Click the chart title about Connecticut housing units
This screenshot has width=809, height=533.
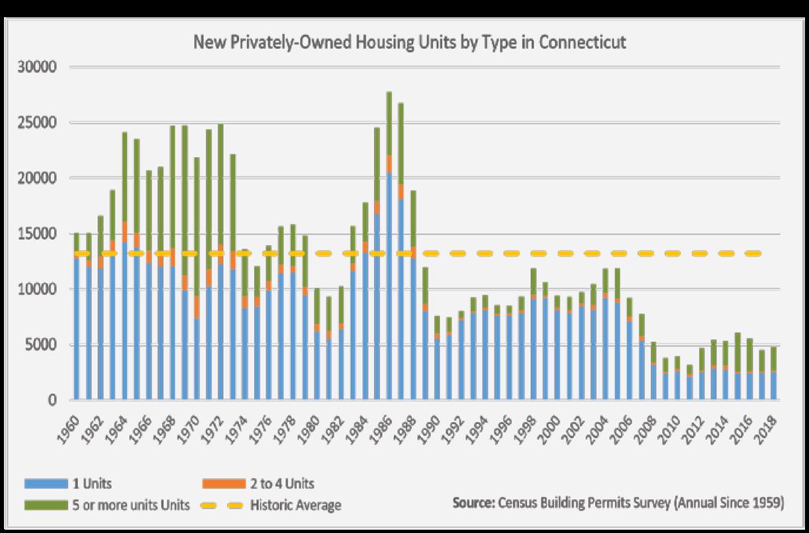pyautogui.click(x=409, y=42)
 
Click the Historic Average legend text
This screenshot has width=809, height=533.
pyautogui.click(x=295, y=506)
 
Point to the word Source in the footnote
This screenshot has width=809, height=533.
pyautogui.click(x=472, y=503)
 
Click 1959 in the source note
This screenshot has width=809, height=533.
pyautogui.click(x=766, y=503)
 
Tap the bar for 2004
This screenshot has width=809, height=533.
pyautogui.click(x=604, y=337)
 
